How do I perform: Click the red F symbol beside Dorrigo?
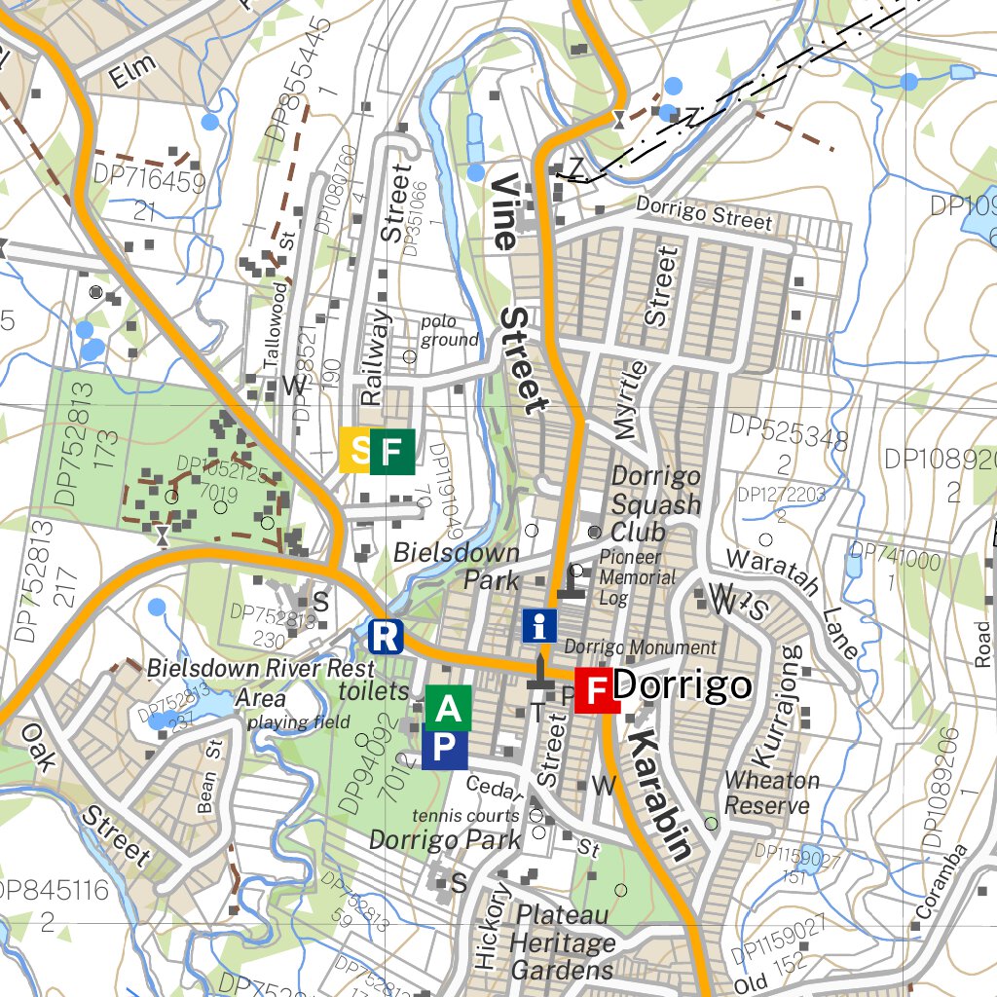pyautogui.click(x=597, y=691)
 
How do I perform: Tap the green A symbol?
pyautogui.click(x=448, y=708)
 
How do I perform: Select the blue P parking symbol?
pyautogui.click(x=444, y=748)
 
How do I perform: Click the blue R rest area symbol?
pyautogui.click(x=386, y=637)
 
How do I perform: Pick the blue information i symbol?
pyautogui.click(x=539, y=625)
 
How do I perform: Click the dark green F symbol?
pyautogui.click(x=391, y=450)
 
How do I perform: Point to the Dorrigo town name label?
pyautogui.click(x=683, y=685)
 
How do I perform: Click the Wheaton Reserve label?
pyautogui.click(x=771, y=793)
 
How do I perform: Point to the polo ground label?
pyautogui.click(x=450, y=331)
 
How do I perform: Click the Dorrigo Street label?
pyautogui.click(x=703, y=213)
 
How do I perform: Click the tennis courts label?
pyautogui.click(x=465, y=815)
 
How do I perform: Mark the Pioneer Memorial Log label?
pyautogui.click(x=637, y=577)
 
